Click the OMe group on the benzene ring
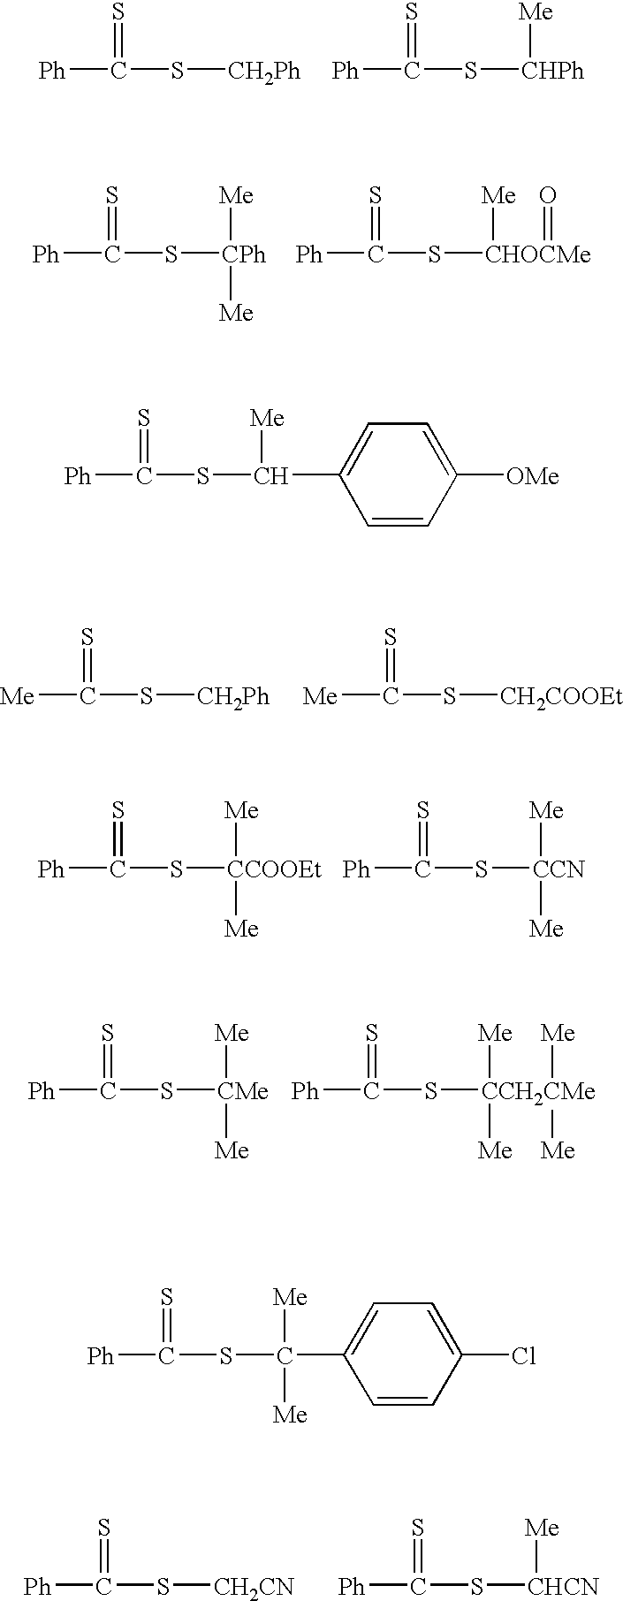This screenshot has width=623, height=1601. pos(533,477)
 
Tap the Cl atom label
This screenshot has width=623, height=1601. pos(524,1355)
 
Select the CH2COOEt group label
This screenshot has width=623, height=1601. pos(560,697)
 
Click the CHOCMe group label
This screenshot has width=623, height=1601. pos(537,255)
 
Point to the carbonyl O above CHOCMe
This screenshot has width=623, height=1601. pos(548,194)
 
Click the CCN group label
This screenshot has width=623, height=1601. pos(558,870)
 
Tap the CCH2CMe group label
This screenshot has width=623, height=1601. pos(538,1092)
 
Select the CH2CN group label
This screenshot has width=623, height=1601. pos(254,1587)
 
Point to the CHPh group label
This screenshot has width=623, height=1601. pos(552,71)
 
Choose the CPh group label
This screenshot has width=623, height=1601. pos(244,255)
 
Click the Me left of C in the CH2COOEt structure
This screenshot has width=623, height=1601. pos(320,697)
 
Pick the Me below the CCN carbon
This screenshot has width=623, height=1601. pos(546,929)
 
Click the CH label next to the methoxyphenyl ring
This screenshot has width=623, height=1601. pos(271,477)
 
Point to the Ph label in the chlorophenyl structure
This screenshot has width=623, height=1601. pos(101,1355)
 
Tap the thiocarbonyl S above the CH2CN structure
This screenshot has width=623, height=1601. pos(103,1527)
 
